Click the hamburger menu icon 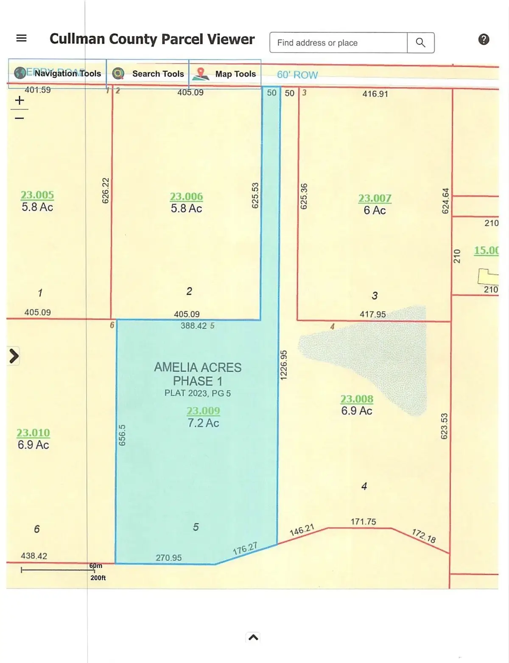click(x=21, y=38)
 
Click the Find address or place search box click(x=338, y=43)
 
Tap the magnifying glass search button click(x=420, y=43)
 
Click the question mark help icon click(x=484, y=39)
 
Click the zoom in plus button click(x=20, y=101)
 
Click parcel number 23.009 click(x=203, y=411)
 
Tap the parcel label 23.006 click(x=186, y=196)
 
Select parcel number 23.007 click(x=375, y=198)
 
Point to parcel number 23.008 click(x=357, y=399)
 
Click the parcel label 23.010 click(x=33, y=432)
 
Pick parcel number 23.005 click(x=37, y=195)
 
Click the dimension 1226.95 click(x=284, y=365)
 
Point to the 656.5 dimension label click(x=122, y=435)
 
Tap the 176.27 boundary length click(x=245, y=549)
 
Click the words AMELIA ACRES click(x=198, y=367)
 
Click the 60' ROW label click(x=297, y=75)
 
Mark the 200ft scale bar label click(x=98, y=578)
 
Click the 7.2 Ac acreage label click(x=203, y=423)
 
